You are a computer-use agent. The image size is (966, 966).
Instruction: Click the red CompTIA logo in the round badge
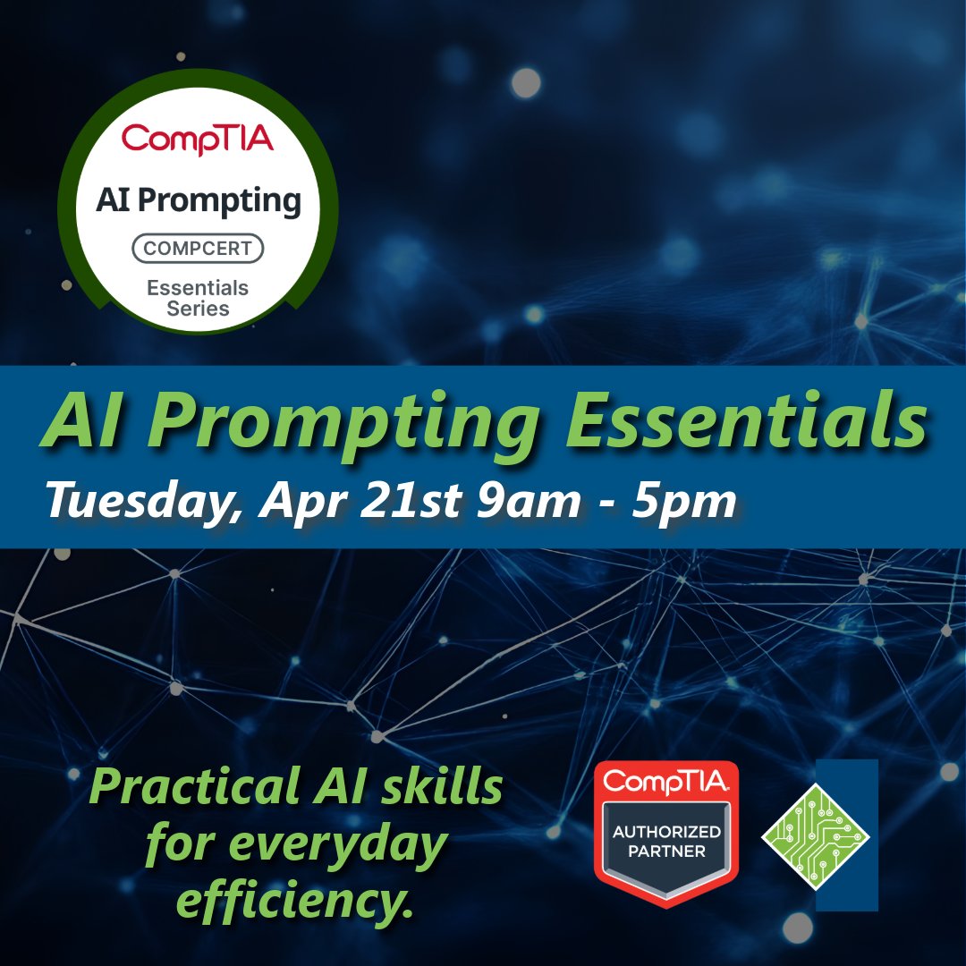(x=198, y=139)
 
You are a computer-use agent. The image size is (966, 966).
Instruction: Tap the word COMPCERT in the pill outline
(x=198, y=248)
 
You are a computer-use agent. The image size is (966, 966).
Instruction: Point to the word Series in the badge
(x=198, y=309)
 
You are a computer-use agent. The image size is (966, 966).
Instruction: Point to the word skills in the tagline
(x=436, y=787)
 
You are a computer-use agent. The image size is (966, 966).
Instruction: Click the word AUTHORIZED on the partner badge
(x=666, y=832)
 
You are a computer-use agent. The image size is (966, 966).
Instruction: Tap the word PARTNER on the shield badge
(x=666, y=852)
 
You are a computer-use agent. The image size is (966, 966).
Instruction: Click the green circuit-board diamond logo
(x=815, y=835)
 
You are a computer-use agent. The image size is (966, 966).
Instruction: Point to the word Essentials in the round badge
(x=198, y=289)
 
